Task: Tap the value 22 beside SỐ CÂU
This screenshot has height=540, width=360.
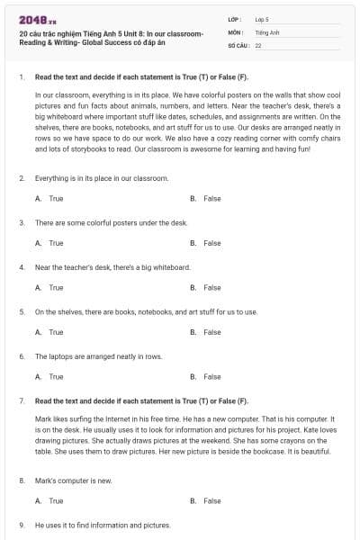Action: [258, 44]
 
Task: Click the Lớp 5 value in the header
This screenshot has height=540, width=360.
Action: [261, 19]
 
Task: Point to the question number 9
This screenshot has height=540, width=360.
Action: [21, 525]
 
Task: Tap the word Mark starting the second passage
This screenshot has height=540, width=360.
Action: [42, 418]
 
